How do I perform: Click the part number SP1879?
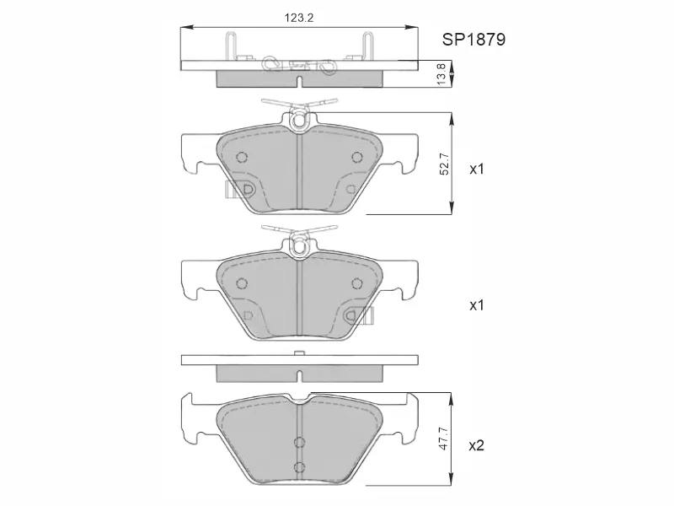tap(473, 40)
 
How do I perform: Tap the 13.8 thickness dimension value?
tap(441, 73)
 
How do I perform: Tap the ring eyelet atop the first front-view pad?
tap(299, 121)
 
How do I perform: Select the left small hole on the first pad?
tap(242, 156)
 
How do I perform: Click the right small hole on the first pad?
tap(356, 156)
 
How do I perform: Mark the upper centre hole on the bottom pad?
tap(298, 442)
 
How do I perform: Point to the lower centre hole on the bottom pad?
tap(298, 467)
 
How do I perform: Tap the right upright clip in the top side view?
tap(367, 46)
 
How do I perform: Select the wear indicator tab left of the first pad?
tap(229, 189)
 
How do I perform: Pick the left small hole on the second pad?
tap(242, 283)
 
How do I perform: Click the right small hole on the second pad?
tap(356, 283)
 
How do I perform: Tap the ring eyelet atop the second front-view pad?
tap(299, 247)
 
